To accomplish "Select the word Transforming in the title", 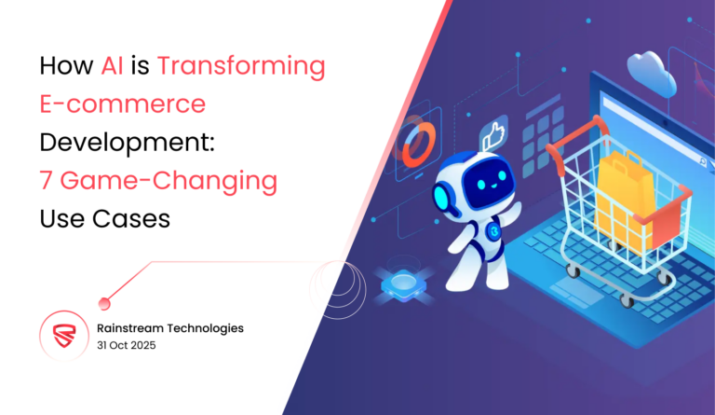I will pyautogui.click(x=241, y=66).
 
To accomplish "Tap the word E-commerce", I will pyautogui.click(x=122, y=104).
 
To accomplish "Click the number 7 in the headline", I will pyautogui.click(x=46, y=181).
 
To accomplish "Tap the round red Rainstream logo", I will pyautogui.click(x=62, y=337).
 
